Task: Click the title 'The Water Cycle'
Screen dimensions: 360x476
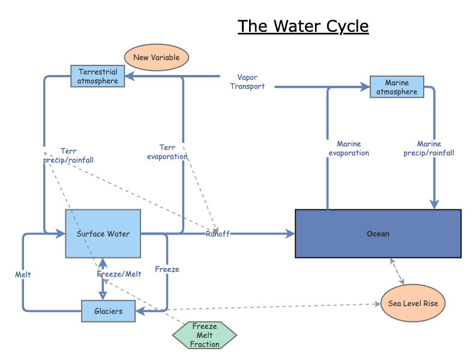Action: pos(303,26)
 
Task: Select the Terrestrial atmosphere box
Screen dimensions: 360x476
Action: pos(98,76)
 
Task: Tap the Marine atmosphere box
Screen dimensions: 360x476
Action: pos(397,87)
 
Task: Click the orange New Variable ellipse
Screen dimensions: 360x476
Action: pos(156,57)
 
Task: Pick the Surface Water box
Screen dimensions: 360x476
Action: pos(103,234)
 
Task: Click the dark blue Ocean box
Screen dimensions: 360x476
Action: pos(378,233)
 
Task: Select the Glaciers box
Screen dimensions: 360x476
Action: pos(108,311)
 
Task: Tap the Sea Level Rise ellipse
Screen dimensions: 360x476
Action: pos(413,303)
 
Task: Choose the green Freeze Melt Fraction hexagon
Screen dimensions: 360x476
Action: pos(205,335)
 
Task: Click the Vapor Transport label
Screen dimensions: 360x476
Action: pos(247,82)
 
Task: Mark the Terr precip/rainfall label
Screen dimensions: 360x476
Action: pos(68,155)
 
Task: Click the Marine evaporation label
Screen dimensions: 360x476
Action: pos(349,148)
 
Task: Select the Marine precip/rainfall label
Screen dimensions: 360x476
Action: pos(429,148)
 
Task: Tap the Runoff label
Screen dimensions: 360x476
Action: pos(217,233)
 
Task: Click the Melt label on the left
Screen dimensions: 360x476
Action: pos(23,274)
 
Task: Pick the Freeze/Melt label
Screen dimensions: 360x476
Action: pos(119,274)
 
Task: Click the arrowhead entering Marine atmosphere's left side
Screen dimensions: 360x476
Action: pos(366,87)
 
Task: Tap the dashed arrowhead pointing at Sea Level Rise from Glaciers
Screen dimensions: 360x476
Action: pos(378,304)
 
